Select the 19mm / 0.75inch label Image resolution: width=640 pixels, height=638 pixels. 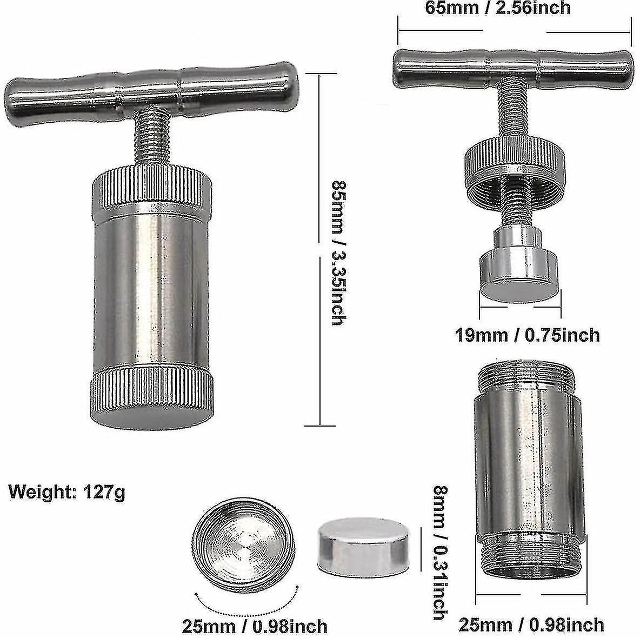[526, 335]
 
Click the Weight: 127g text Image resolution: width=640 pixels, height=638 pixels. [66, 493]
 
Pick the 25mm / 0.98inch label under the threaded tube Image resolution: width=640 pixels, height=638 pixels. [531, 624]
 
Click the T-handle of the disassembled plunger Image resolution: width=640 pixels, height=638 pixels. [513, 64]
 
